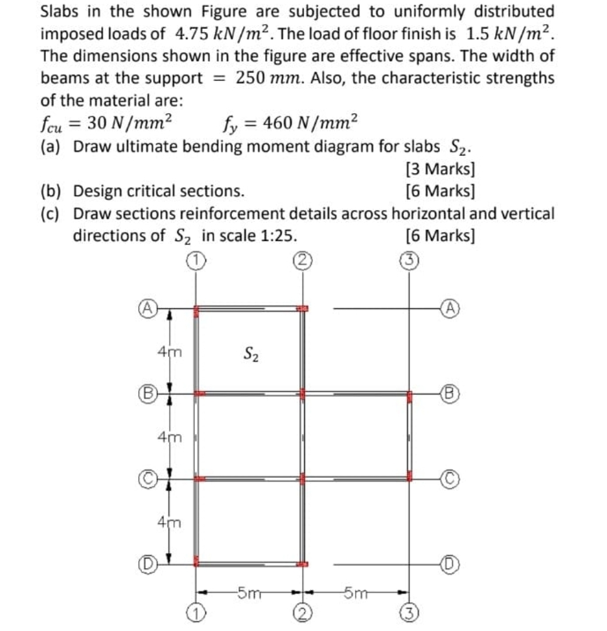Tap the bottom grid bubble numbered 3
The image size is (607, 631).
(x=410, y=613)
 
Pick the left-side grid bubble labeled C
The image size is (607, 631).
(x=144, y=479)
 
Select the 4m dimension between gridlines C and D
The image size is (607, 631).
(x=170, y=521)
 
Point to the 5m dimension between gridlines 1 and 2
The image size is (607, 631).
(x=247, y=591)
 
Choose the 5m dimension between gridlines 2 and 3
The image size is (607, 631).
(x=355, y=591)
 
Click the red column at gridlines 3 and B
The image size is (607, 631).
(x=410, y=396)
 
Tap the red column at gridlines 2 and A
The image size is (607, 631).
(x=303, y=309)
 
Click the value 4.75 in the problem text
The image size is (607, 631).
(x=187, y=33)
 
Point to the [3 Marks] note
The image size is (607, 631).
(x=440, y=169)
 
